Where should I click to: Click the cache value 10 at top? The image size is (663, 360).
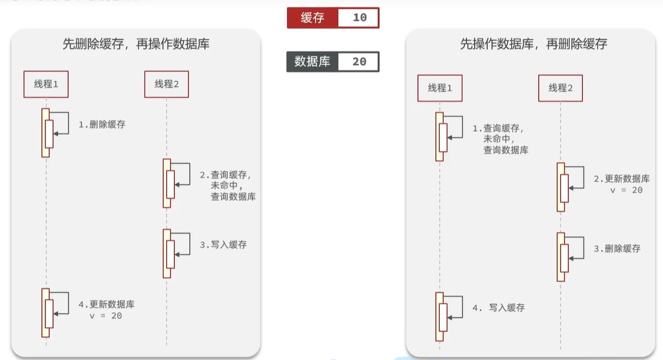[359, 18]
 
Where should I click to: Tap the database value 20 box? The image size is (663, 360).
[359, 62]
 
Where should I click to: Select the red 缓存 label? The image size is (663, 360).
[312, 18]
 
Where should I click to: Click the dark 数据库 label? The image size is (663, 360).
[312, 62]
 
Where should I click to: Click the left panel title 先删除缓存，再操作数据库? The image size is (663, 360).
[136, 44]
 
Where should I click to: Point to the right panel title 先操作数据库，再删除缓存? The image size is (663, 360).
[534, 44]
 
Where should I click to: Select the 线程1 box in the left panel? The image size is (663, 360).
[46, 84]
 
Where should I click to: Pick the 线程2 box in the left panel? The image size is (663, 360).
[167, 84]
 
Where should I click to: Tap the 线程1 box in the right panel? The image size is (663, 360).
[440, 88]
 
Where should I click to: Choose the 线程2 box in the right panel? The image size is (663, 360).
[560, 88]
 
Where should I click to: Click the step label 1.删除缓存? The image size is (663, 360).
[102, 124]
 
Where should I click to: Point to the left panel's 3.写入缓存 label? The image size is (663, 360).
[223, 245]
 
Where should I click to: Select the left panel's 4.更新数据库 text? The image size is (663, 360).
[106, 305]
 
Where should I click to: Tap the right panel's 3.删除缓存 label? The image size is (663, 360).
[618, 249]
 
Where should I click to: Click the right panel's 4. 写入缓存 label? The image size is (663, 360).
[499, 308]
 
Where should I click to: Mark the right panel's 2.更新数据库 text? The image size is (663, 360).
[622, 179]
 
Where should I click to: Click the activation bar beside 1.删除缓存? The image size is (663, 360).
[45, 133]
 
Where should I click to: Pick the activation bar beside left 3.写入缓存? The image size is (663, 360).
[167, 254]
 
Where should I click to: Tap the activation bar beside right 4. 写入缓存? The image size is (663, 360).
[440, 316]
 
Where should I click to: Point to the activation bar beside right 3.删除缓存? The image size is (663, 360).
[561, 257]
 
